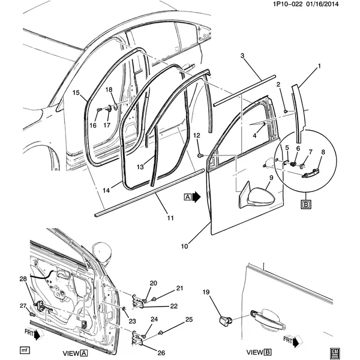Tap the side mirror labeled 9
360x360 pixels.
coord(262,196)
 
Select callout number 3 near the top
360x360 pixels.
coord(242,56)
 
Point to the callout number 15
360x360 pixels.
coord(76,93)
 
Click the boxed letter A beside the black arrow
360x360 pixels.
coord(187,197)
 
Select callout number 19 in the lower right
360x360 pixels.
coord(206,292)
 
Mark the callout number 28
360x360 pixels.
coord(23,279)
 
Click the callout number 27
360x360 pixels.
coord(23,306)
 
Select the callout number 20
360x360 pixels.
coord(153,283)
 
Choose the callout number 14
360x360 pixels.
coord(106,190)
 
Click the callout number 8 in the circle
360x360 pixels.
coord(323,152)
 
